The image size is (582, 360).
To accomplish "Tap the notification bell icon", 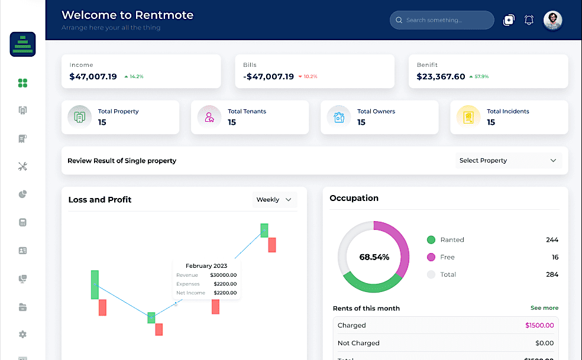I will (x=529, y=20).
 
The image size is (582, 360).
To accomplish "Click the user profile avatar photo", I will (x=552, y=20).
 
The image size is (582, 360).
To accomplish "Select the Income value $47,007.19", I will (x=93, y=76).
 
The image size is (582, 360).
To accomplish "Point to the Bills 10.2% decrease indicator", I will (x=308, y=77).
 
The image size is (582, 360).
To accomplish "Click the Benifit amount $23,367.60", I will (x=441, y=76).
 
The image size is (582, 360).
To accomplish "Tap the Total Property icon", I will (x=80, y=117).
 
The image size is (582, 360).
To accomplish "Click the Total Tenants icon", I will (x=209, y=117).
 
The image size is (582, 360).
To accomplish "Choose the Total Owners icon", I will (x=339, y=117).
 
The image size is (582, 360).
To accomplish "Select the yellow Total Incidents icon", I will (x=468, y=117).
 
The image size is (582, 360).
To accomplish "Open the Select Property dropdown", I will (x=508, y=160).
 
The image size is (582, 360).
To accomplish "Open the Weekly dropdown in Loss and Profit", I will (x=274, y=200).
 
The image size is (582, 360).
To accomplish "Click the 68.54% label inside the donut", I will (x=374, y=257).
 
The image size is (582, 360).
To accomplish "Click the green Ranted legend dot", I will (x=431, y=240).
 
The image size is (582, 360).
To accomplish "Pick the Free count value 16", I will (x=555, y=257).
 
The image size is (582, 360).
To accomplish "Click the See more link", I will (x=544, y=308).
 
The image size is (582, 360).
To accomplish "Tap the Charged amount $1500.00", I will (x=539, y=325).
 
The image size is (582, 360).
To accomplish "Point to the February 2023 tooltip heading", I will (x=206, y=266).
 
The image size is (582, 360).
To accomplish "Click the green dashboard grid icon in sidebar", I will (x=22, y=83).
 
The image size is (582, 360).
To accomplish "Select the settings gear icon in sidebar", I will (x=22, y=335).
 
